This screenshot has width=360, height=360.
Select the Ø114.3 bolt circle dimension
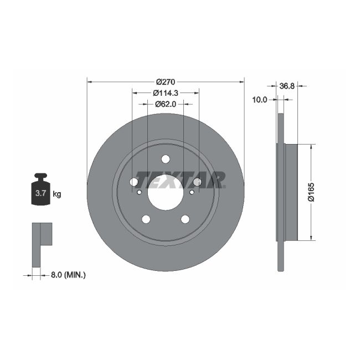tap(165, 92)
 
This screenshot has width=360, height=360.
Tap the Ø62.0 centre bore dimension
tap(165, 104)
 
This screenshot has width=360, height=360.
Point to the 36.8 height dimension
tap(286, 86)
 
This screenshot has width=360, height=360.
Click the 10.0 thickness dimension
tap(259, 100)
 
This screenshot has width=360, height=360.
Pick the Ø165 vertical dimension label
tap(311, 192)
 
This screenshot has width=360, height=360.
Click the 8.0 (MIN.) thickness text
tap(68, 274)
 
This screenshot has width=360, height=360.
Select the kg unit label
tap(56, 194)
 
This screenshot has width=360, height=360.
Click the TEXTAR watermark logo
tap(180, 179)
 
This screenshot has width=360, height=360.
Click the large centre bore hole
tap(165, 193)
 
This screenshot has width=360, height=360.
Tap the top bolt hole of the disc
tap(165, 159)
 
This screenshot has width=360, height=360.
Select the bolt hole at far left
tap(133, 182)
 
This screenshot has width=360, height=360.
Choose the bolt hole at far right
tap(197, 182)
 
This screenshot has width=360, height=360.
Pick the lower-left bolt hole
tap(146, 219)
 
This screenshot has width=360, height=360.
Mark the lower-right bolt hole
tap(185, 219)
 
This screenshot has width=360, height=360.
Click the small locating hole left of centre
tap(139, 192)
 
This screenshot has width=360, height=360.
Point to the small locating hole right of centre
tap(192, 192)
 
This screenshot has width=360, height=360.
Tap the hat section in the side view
tap(291, 192)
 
